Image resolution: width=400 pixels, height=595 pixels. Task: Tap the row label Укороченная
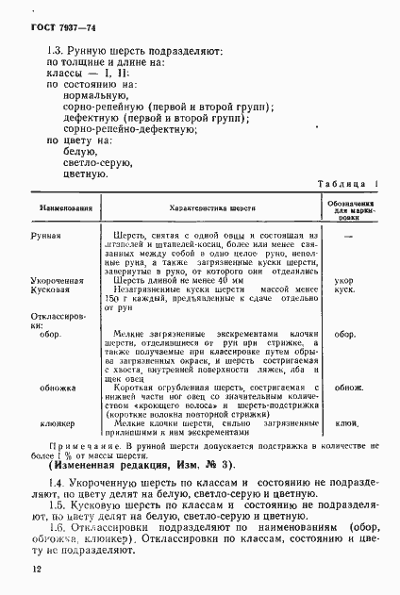coord(58,280)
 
